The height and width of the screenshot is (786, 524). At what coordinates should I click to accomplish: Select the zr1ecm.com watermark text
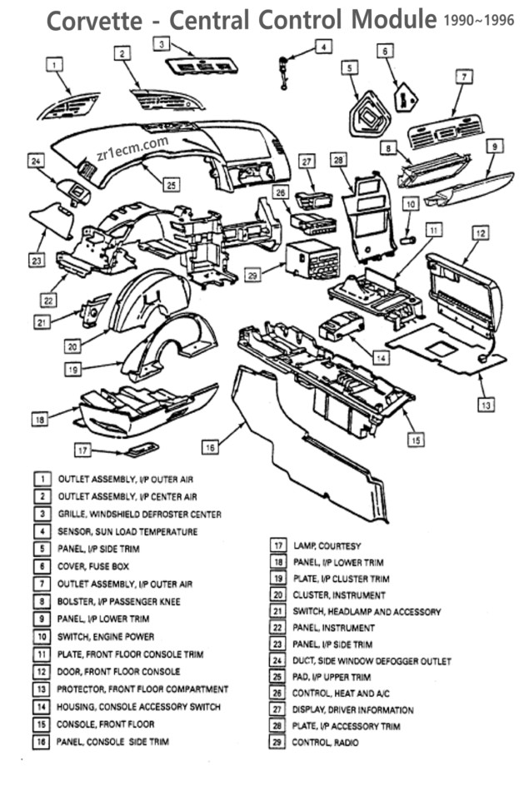pyautogui.click(x=132, y=147)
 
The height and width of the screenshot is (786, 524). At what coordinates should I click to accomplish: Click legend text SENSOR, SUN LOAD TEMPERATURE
pyautogui.click(x=127, y=531)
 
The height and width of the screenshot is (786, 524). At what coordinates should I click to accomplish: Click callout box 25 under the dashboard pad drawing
pyautogui.click(x=170, y=184)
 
